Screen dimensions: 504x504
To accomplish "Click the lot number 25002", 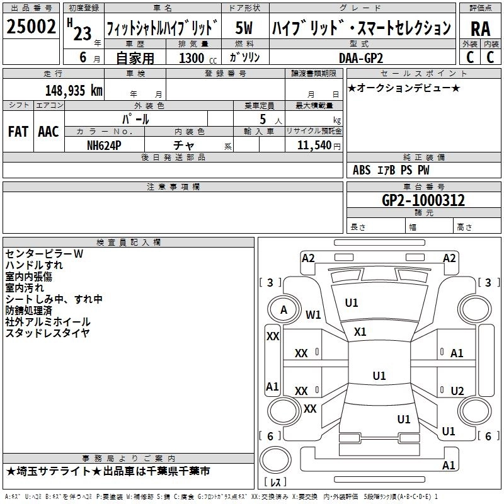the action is [x=31, y=28].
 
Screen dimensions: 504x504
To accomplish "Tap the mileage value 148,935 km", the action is [x=74, y=90].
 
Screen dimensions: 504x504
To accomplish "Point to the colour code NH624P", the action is [x=104, y=145].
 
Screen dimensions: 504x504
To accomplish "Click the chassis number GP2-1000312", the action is [x=423, y=201].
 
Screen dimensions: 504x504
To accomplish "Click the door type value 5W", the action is [x=244, y=28].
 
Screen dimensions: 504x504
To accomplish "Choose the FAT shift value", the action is [x=18, y=131].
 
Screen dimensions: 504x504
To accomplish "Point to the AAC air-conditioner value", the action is [x=48, y=131].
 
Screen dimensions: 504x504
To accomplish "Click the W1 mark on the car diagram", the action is [x=313, y=314].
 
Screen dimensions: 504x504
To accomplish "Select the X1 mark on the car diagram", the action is [x=360, y=331].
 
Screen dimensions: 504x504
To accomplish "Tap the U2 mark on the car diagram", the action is [x=457, y=391].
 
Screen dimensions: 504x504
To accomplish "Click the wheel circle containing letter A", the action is [x=283, y=309].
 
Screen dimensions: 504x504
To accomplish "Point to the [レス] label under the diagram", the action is [x=276, y=483].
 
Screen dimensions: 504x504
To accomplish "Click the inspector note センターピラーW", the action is [x=44, y=254].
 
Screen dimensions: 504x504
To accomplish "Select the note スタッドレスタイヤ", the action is [x=48, y=333].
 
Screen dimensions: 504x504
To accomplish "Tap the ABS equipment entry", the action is [x=362, y=170].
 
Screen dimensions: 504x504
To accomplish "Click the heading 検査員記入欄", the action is [x=129, y=243].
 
